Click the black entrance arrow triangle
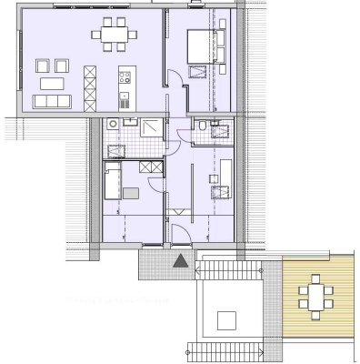tap(180, 262)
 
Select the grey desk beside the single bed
tap(132, 192)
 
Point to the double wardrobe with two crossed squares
tap(144, 167)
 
